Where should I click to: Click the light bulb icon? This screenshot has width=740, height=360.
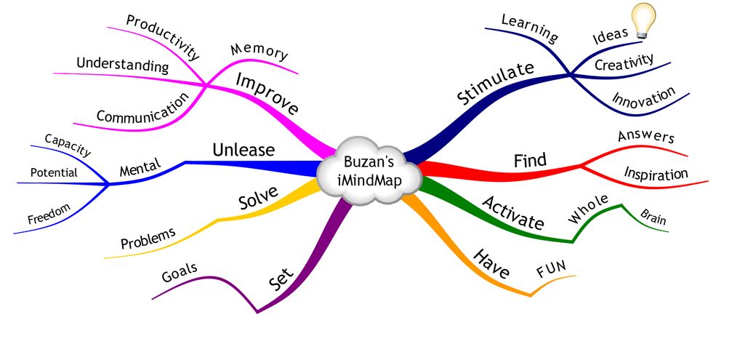point(642,19)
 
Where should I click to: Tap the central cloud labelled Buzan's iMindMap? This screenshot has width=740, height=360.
point(369,169)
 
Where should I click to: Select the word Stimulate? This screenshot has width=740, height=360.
point(495,84)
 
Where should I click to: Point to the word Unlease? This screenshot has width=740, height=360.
point(244,150)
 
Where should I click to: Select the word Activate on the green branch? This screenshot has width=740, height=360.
point(513,212)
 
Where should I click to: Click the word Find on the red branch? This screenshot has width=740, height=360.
point(530,159)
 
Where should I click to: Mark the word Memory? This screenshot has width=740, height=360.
point(260,51)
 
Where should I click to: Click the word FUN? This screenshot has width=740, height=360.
point(550,271)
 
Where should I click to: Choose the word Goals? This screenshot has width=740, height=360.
point(179,274)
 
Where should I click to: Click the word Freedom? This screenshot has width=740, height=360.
point(49,214)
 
